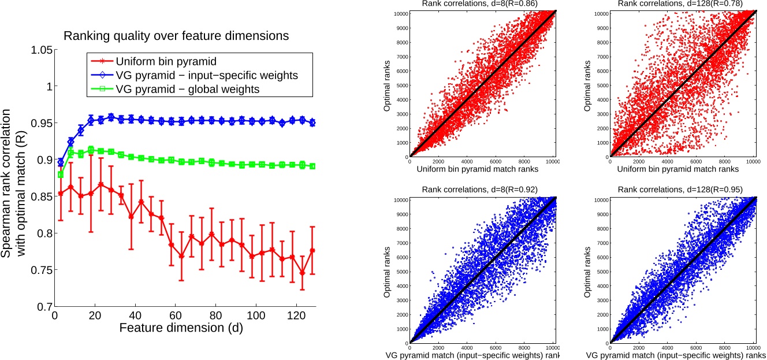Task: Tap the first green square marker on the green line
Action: coord(61,175)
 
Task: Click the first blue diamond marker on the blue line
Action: coord(61,162)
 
